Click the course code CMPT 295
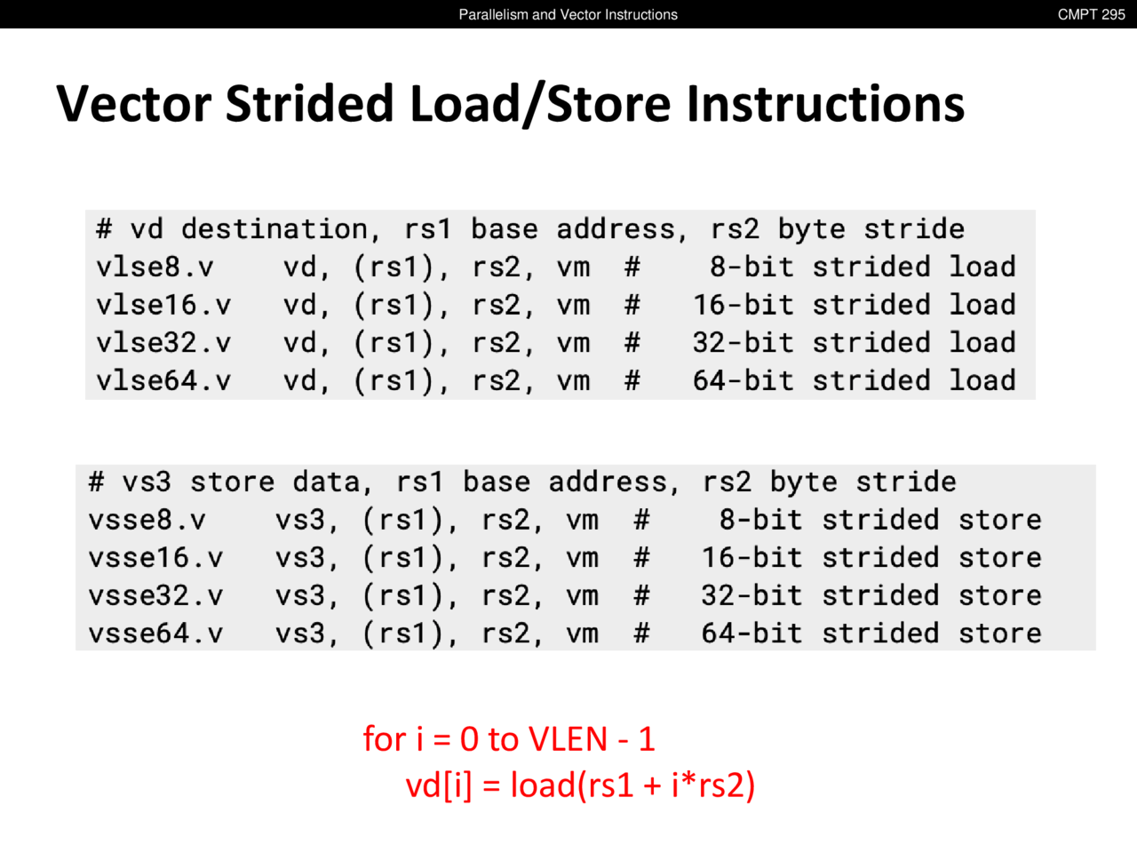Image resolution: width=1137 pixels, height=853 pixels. tap(1091, 14)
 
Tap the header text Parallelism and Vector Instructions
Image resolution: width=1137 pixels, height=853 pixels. tap(568, 14)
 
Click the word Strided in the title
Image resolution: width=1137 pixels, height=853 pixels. tap(310, 104)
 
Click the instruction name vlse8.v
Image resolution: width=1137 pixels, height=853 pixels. tap(155, 267)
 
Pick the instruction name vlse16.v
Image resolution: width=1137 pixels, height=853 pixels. tap(163, 305)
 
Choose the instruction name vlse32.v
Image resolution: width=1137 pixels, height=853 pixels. tap(163, 343)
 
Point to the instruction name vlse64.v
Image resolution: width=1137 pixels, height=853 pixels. tap(163, 380)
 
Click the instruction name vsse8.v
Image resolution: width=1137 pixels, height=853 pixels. tap(147, 520)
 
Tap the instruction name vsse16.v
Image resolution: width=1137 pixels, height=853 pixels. tap(155, 558)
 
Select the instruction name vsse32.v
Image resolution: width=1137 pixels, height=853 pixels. tap(155, 595)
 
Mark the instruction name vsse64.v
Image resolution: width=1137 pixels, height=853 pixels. tap(155, 634)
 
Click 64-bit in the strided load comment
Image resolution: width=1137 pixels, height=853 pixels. tap(743, 380)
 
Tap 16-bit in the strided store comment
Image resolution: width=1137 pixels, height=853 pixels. tap(751, 558)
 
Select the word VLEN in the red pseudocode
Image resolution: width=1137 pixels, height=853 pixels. tap(567, 739)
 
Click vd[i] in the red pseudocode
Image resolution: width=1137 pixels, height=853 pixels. tap(439, 785)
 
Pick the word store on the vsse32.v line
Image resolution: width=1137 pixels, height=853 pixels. tap(999, 595)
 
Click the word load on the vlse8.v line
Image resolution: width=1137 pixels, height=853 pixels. tap(982, 267)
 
